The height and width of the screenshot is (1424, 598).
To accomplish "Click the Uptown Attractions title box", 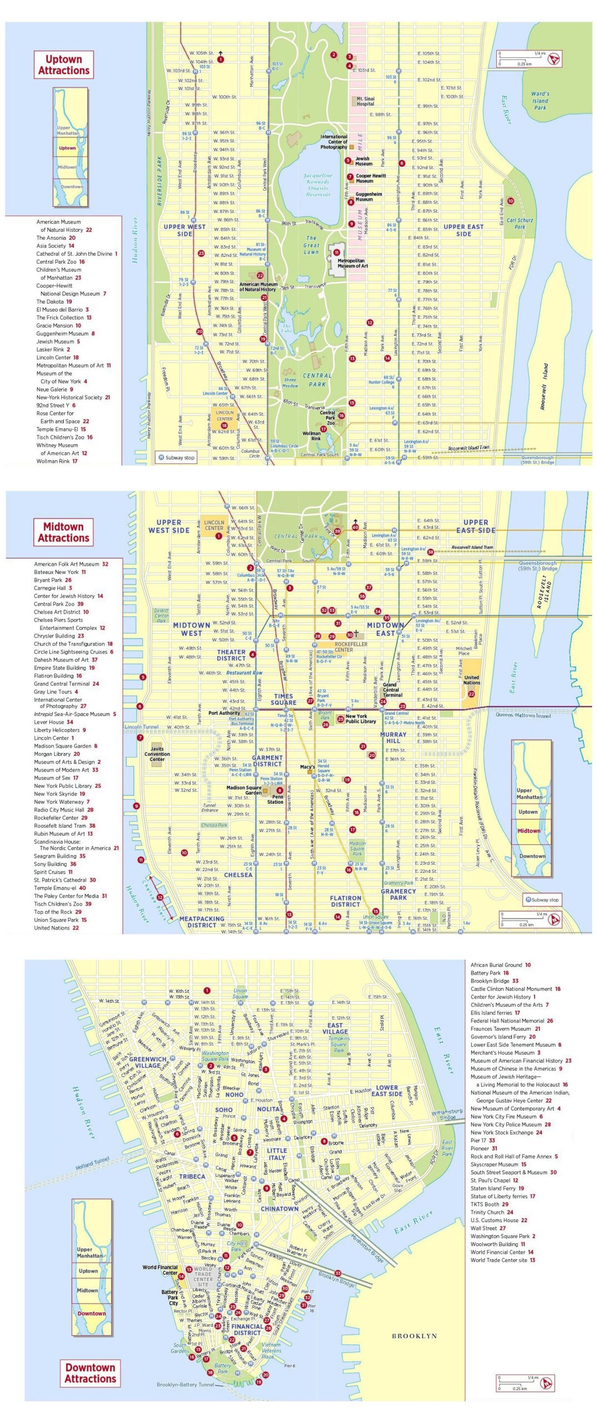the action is click(x=63, y=65).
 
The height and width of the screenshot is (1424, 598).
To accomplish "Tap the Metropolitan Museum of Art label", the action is click(x=351, y=263).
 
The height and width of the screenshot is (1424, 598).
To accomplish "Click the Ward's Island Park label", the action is click(x=540, y=101).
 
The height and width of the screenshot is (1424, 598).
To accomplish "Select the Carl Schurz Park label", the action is click(x=520, y=224).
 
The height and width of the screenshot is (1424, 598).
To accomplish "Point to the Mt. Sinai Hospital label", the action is click(x=365, y=101).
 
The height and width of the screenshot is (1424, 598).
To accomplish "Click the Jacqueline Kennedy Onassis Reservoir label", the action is click(x=318, y=185).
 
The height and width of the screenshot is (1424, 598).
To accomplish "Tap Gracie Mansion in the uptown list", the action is click(x=58, y=326).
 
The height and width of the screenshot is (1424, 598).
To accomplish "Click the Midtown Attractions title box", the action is click(x=63, y=532).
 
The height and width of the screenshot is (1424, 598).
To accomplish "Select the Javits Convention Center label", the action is click(x=157, y=754).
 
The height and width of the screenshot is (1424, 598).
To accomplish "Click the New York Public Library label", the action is click(x=361, y=719).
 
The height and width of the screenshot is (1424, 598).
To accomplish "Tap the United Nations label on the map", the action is click(x=471, y=680).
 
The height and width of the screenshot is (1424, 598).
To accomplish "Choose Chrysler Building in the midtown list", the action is click(x=54, y=636).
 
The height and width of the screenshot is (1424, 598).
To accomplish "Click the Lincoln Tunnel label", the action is click(x=141, y=727).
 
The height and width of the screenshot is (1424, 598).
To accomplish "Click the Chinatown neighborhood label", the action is click(x=280, y=1209).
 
